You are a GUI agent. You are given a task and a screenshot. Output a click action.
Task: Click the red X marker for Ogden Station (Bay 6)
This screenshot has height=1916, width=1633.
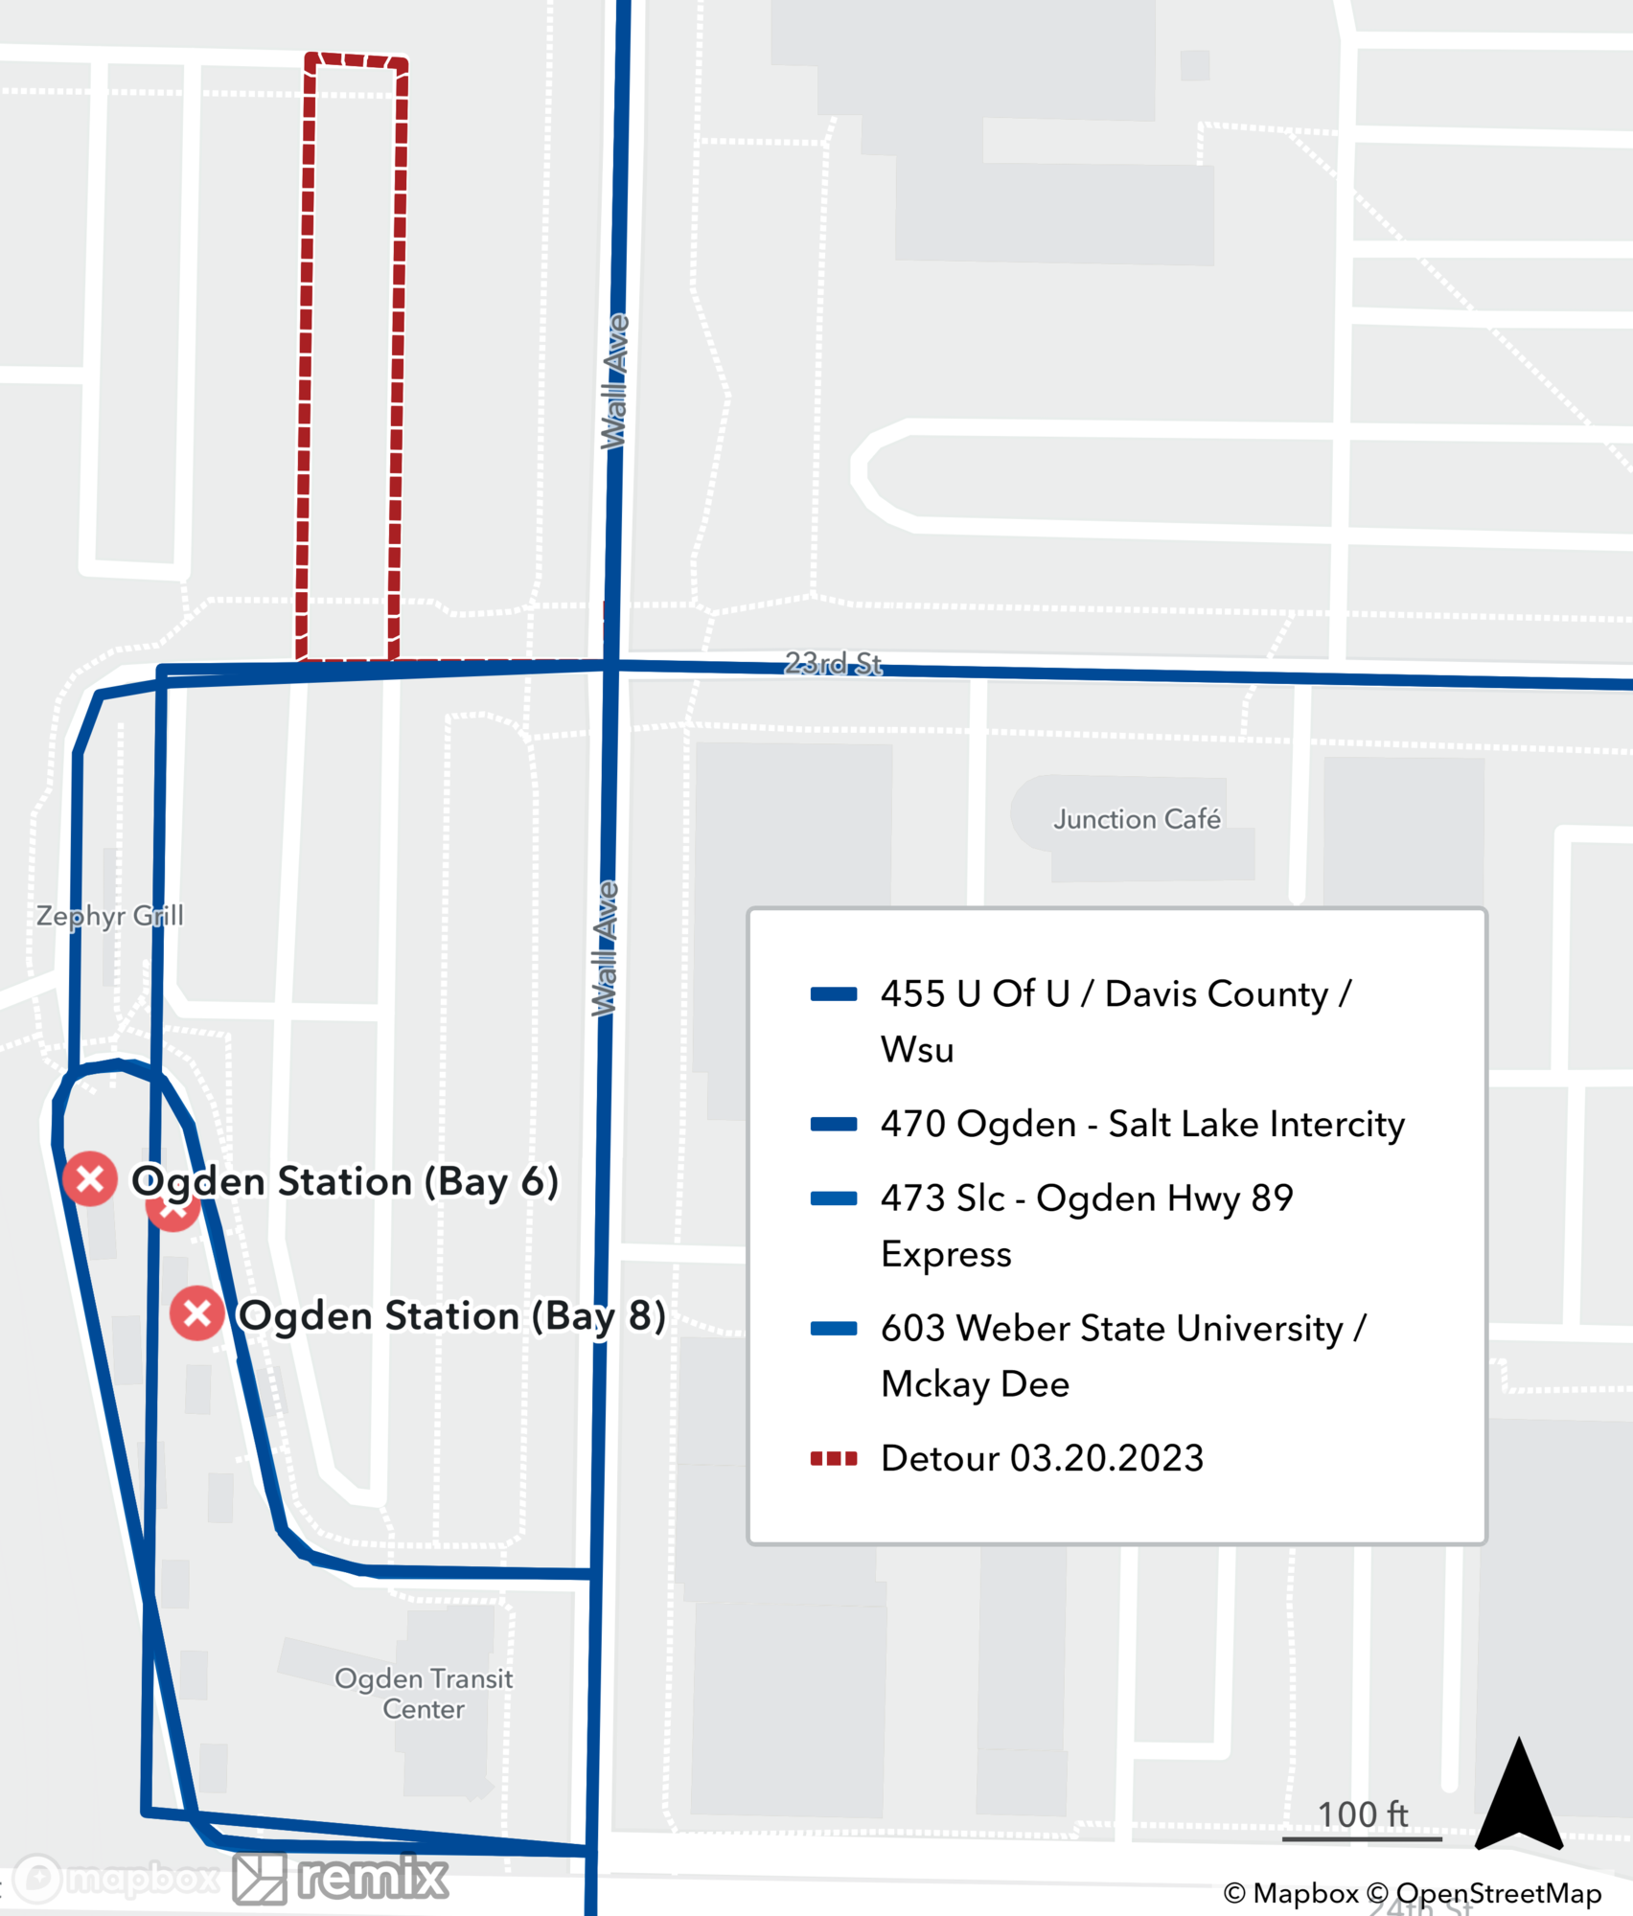point(90,1178)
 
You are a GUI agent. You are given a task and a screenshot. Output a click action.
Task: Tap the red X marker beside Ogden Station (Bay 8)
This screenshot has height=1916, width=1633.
point(197,1313)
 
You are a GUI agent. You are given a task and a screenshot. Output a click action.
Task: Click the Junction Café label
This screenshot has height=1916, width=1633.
point(1137,819)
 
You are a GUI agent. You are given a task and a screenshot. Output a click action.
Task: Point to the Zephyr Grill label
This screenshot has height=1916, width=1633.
point(109,916)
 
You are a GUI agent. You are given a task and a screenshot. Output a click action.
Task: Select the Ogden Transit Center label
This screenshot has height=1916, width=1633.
point(424,1694)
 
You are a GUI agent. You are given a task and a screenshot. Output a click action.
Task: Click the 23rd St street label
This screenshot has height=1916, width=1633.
point(833,663)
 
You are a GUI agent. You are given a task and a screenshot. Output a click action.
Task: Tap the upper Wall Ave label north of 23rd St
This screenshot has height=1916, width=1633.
point(614,381)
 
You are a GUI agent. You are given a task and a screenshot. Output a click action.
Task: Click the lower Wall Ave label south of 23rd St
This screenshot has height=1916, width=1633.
point(605,948)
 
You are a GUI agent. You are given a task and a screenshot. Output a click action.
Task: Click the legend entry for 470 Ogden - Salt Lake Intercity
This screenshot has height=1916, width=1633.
point(1142,1124)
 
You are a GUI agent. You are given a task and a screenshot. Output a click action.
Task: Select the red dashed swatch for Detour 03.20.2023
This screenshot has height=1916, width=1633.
point(834,1459)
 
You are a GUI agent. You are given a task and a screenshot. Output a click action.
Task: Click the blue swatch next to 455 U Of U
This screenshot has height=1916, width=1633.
point(834,994)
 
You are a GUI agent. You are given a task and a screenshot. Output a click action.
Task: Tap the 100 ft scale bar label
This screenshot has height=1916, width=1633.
point(1362,1813)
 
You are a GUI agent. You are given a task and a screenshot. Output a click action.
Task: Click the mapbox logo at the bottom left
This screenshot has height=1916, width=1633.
point(115,1879)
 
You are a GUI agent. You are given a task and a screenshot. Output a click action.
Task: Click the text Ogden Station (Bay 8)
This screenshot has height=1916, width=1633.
point(451,1315)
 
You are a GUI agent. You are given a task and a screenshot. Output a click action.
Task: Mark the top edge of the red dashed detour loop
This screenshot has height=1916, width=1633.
point(356,60)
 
